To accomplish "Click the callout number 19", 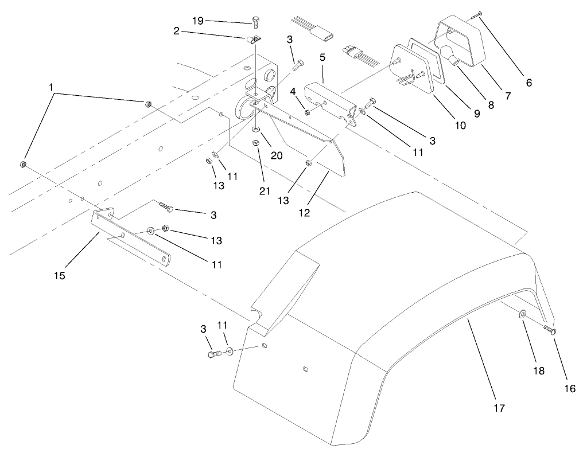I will (197, 21).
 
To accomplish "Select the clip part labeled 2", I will (251, 40).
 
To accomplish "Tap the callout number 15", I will (60, 276).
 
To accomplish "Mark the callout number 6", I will (528, 83).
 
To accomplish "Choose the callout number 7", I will (507, 95).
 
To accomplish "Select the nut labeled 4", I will (308, 111).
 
